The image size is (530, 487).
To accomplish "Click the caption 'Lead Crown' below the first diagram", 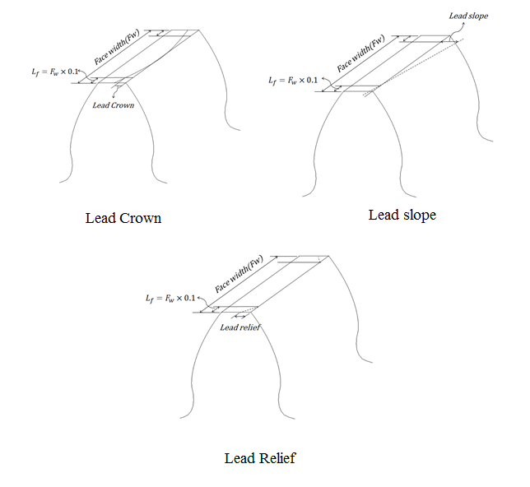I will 123,219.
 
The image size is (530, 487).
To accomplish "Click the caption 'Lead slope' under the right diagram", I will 402,215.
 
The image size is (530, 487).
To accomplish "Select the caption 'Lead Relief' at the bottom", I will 259,457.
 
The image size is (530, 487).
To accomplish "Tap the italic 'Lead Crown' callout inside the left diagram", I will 114,105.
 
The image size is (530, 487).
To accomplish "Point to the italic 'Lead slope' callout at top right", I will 468,16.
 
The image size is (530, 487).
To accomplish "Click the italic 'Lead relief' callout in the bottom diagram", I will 240,327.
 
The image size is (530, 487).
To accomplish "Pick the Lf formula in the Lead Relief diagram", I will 170,298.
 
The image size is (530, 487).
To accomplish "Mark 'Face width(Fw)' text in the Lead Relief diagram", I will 239,273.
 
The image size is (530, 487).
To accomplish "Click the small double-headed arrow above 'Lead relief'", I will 240,315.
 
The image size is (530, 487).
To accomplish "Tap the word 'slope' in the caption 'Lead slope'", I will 419,215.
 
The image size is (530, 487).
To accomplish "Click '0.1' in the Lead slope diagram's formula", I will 313,81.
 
